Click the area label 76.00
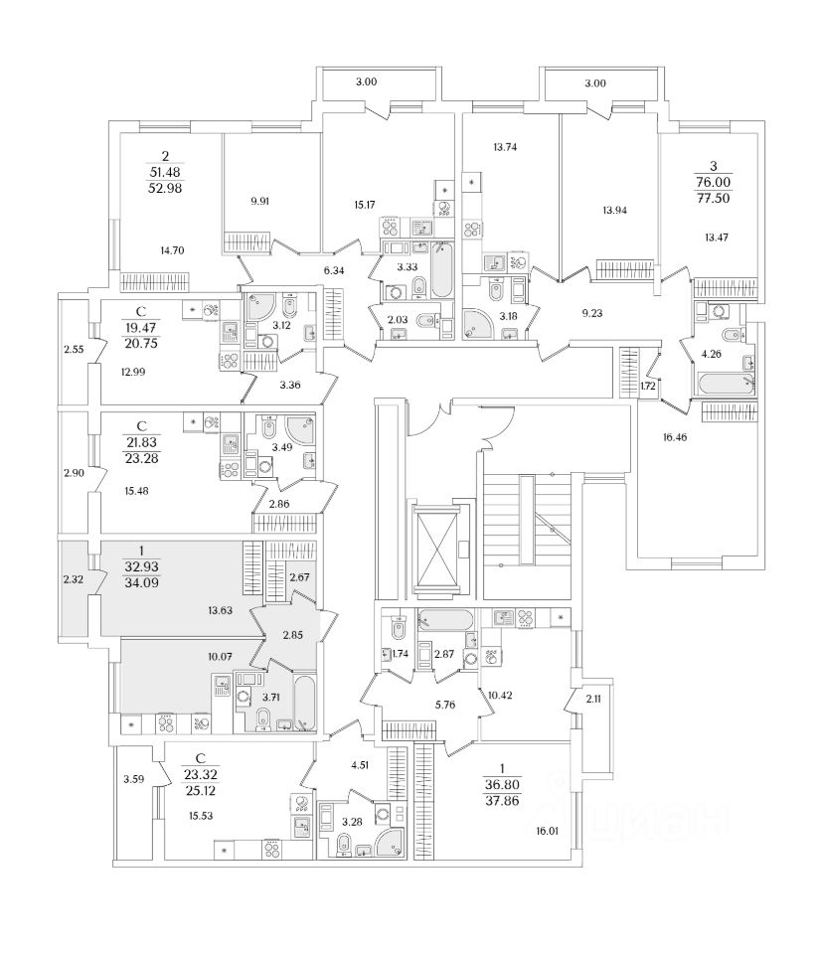pos(714,183)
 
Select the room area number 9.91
pos(261,201)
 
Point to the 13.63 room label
pos(221,610)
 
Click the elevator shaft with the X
pos(436,549)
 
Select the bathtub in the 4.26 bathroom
pos(723,383)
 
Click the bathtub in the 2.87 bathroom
pos(444,620)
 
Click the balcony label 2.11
pos(594,700)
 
